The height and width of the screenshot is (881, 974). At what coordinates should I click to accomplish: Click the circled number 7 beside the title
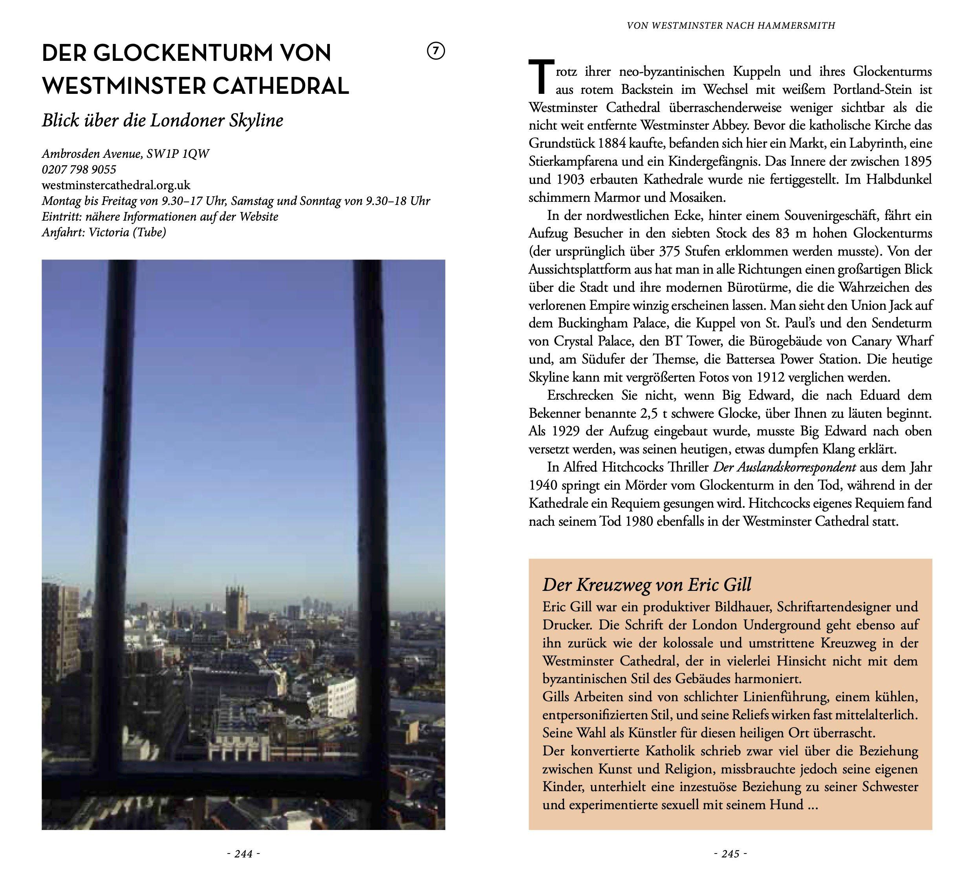(x=436, y=51)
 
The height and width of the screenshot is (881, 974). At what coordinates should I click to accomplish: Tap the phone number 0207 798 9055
(x=79, y=170)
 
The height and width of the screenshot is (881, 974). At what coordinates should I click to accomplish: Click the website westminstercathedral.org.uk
(x=116, y=185)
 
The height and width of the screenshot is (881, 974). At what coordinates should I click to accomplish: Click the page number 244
(x=243, y=854)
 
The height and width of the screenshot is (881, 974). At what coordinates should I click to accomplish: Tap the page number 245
(x=730, y=854)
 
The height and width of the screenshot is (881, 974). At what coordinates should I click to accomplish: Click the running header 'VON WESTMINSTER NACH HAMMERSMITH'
(x=730, y=26)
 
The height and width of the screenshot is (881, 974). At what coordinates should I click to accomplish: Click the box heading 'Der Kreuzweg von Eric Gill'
(x=647, y=585)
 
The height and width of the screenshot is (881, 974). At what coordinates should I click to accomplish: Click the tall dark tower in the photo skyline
(x=236, y=604)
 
